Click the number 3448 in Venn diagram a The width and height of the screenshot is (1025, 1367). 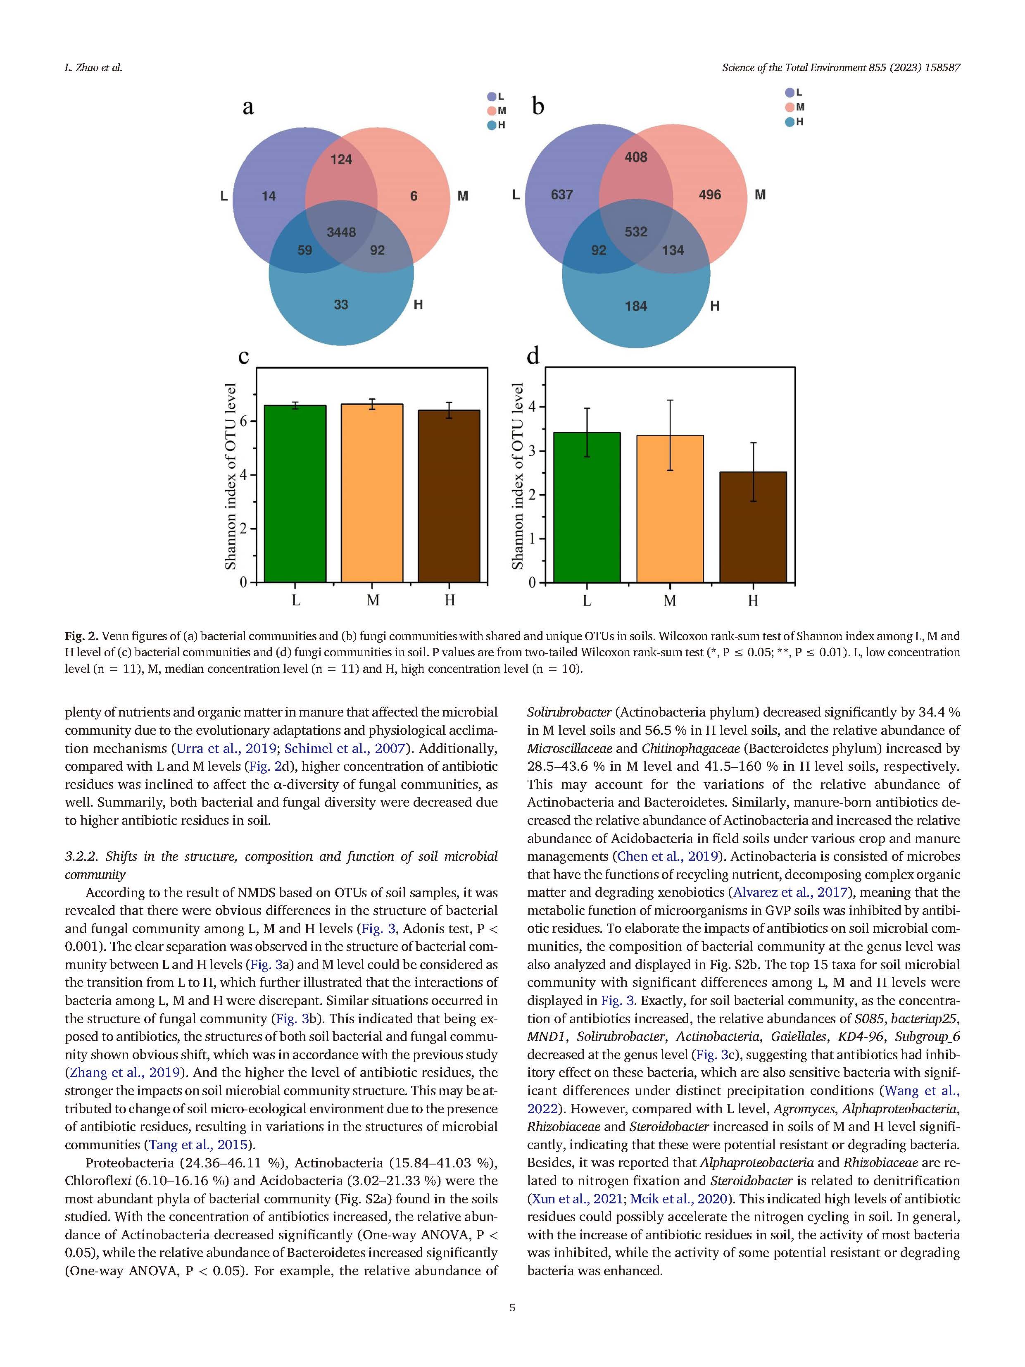click(x=341, y=232)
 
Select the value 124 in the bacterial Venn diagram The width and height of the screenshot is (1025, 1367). click(x=341, y=160)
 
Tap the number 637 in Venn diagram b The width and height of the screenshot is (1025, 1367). click(x=561, y=195)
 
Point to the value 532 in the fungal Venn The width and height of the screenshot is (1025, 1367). click(x=636, y=232)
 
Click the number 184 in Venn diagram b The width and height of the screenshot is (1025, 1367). click(x=636, y=306)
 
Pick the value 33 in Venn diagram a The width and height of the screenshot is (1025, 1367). click(x=341, y=305)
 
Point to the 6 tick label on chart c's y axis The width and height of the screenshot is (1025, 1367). click(x=243, y=422)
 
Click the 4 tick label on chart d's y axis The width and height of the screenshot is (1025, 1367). click(x=533, y=407)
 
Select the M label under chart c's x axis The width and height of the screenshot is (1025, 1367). click(x=373, y=600)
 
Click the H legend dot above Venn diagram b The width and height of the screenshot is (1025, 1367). click(x=790, y=122)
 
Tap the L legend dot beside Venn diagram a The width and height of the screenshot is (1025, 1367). click(x=492, y=96)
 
